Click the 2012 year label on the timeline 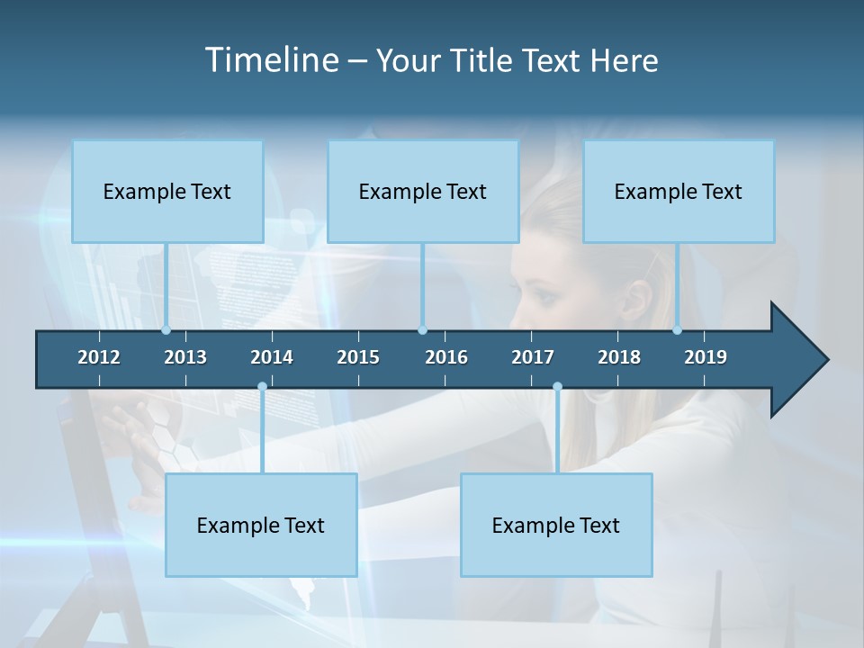pyautogui.click(x=99, y=357)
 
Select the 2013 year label pyautogui.click(x=185, y=357)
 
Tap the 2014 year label pyautogui.click(x=272, y=357)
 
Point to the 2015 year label pyautogui.click(x=358, y=357)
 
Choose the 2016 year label pyautogui.click(x=446, y=357)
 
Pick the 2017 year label pyautogui.click(x=533, y=357)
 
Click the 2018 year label pyautogui.click(x=619, y=357)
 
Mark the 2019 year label pyautogui.click(x=706, y=357)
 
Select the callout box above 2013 pyautogui.click(x=167, y=191)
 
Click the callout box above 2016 pyautogui.click(x=423, y=191)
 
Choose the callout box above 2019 pyautogui.click(x=679, y=191)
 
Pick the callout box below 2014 pyautogui.click(x=261, y=525)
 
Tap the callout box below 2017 pyautogui.click(x=556, y=525)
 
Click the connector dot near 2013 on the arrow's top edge pyautogui.click(x=166, y=330)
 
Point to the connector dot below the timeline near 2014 pyautogui.click(x=262, y=386)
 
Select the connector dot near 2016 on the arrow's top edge pyautogui.click(x=422, y=330)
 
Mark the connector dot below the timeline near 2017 pyautogui.click(x=557, y=386)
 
